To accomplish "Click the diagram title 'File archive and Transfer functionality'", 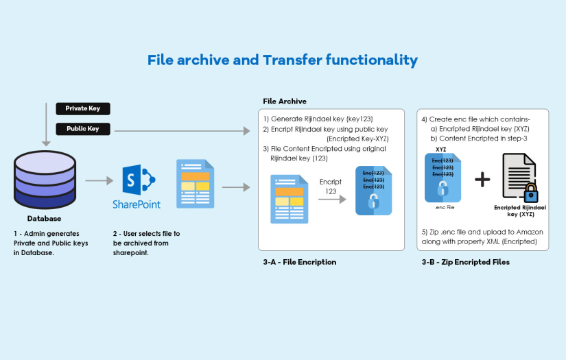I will [283, 60].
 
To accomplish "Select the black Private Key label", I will [82, 108].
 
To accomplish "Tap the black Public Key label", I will [82, 128].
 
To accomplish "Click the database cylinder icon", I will [45, 180].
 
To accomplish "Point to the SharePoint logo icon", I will [136, 180].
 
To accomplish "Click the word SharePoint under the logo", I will [137, 204].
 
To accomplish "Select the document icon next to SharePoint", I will [195, 183].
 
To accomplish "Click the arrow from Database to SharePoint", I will [99, 181].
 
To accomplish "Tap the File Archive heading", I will [285, 101].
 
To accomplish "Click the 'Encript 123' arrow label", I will [331, 187].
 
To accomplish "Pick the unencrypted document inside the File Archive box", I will [289, 198].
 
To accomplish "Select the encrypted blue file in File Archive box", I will [373, 191].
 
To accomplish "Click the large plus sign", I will [483, 180].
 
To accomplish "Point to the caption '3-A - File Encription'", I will [300, 262].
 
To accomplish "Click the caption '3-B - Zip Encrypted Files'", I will [465, 262].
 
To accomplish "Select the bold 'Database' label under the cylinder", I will [44, 219].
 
